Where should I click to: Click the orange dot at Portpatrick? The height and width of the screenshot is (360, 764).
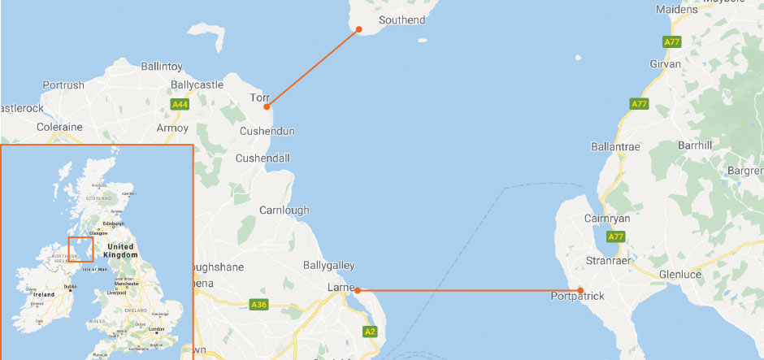pos(580,290)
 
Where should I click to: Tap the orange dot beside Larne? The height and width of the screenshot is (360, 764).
pos(357,290)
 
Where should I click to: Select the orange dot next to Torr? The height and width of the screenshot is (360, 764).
pos(267,106)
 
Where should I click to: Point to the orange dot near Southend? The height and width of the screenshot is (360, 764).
pos(358,29)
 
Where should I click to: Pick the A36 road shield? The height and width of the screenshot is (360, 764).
pos(258,305)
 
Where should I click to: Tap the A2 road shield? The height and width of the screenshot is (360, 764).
pos(370,332)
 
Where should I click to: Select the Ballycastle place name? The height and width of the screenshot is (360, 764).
pos(197,85)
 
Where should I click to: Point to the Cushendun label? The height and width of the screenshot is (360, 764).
pos(267,131)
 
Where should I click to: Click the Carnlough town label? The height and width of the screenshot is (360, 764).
pos(284,210)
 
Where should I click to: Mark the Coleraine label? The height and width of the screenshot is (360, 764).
pos(59,127)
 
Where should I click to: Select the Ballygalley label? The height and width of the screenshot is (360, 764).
pos(328,266)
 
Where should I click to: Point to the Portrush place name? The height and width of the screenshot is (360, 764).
pos(63,85)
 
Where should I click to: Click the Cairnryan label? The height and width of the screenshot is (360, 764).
pos(607,219)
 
